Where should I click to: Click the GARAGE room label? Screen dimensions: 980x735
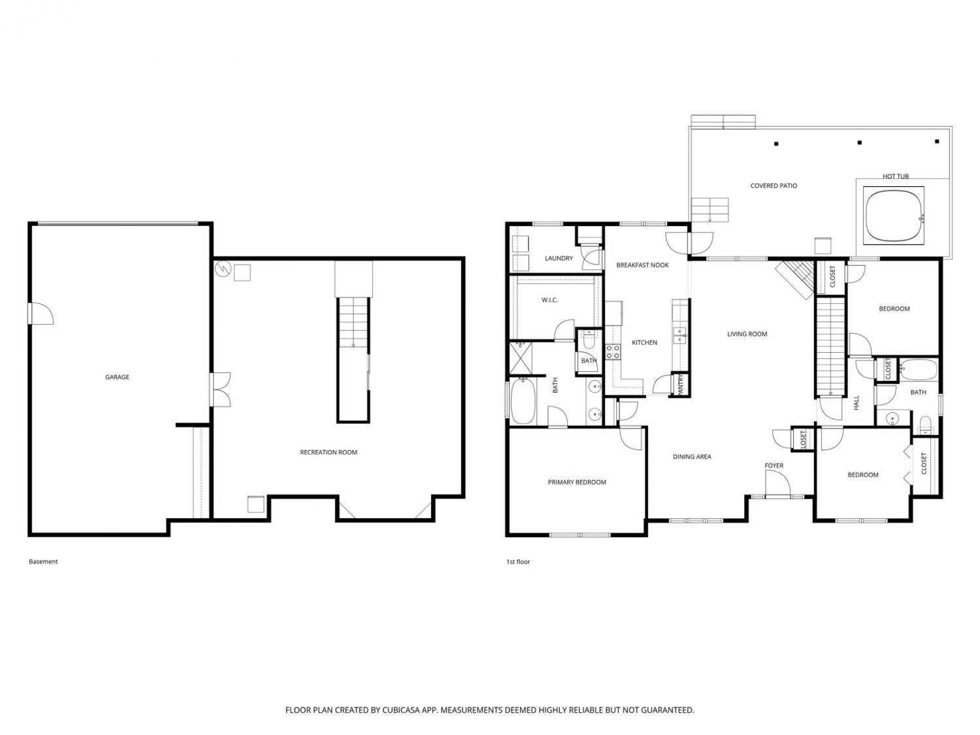pyautogui.click(x=117, y=377)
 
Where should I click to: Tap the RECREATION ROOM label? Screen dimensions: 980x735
pyautogui.click(x=328, y=452)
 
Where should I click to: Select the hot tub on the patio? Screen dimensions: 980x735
pyautogui.click(x=893, y=215)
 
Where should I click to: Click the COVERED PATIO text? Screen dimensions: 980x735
pyautogui.click(x=774, y=186)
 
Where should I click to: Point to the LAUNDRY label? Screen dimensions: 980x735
pyautogui.click(x=559, y=258)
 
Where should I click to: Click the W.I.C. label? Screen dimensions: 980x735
pyautogui.click(x=549, y=300)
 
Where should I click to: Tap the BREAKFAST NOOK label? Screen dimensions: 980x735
pyautogui.click(x=642, y=265)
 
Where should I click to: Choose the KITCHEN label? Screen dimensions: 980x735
pyautogui.click(x=644, y=343)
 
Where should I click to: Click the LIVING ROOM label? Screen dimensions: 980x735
pyautogui.click(x=747, y=334)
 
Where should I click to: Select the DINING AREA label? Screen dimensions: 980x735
pyautogui.click(x=692, y=457)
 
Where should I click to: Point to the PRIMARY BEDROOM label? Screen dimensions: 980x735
pyautogui.click(x=576, y=482)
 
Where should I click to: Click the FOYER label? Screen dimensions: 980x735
pyautogui.click(x=774, y=465)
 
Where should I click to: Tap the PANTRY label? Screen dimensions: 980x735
pyautogui.click(x=680, y=384)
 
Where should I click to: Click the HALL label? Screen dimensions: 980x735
pyautogui.click(x=856, y=403)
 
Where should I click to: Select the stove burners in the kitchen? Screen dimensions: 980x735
pyautogui.click(x=613, y=351)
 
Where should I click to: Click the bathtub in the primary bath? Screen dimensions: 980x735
pyautogui.click(x=523, y=400)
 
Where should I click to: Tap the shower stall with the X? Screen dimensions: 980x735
pyautogui.click(x=521, y=357)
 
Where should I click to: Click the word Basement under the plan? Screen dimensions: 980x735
pyautogui.click(x=43, y=561)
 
